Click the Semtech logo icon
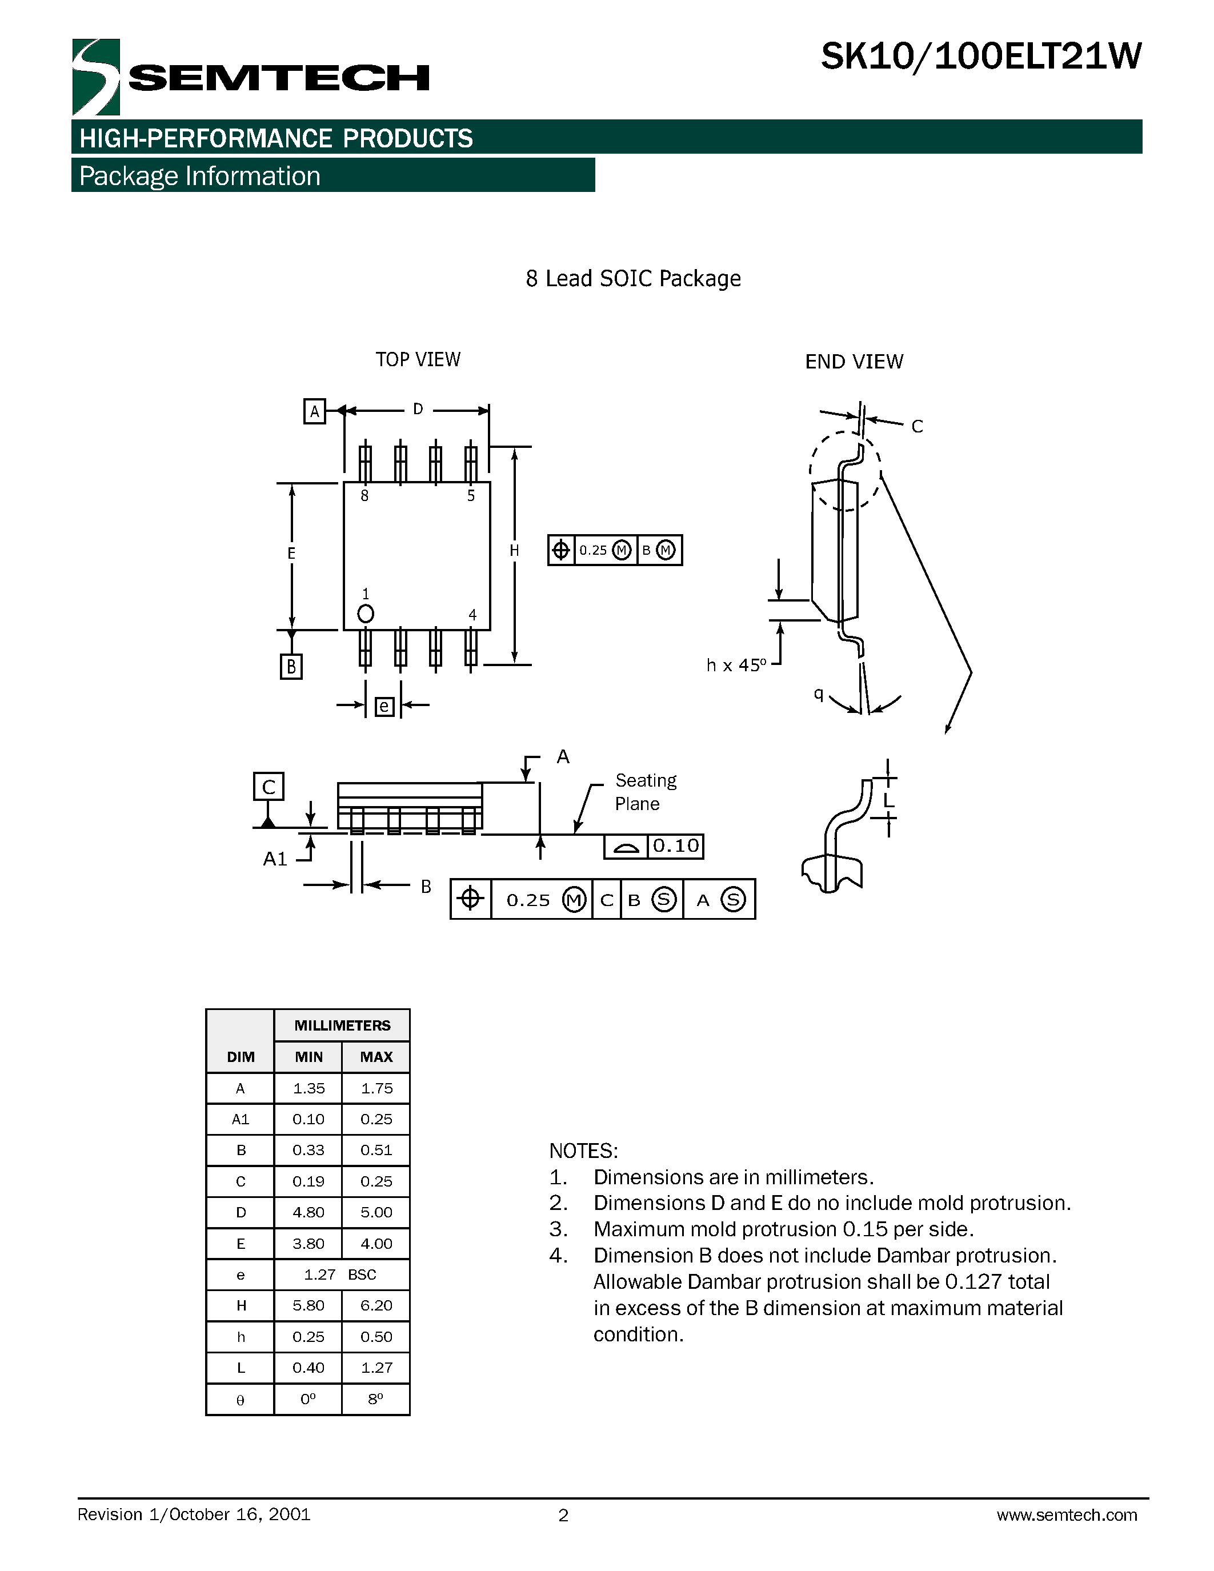pos(95,77)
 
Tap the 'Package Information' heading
pos(199,176)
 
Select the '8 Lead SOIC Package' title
pos(633,278)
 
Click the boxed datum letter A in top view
pos(314,411)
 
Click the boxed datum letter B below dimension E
pos(291,666)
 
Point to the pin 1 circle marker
pos(366,614)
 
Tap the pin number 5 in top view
pos(471,496)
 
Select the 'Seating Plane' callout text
pos(645,792)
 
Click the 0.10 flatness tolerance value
pos(675,846)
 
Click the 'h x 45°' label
pos(736,666)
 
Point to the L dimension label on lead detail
pos(888,800)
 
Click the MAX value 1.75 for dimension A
pos(376,1088)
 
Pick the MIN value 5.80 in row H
pos(308,1305)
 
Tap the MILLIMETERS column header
pos(342,1025)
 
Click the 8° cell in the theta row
pos(375,1399)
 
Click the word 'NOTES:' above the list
pos(583,1151)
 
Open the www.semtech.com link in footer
pos(1066,1515)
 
